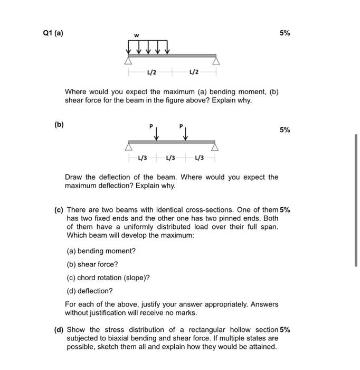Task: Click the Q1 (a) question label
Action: [x=52, y=33]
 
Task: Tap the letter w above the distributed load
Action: [x=136, y=36]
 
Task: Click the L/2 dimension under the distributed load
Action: [x=150, y=72]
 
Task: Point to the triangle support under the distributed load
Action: [x=128, y=60]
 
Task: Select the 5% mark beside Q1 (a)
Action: [x=285, y=33]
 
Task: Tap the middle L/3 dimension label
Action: [x=171, y=158]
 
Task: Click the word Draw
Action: [x=74, y=177]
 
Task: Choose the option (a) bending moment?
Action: [x=101, y=251]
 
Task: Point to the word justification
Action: [x=108, y=312]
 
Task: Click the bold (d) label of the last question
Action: [x=59, y=330]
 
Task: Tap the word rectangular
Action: [x=197, y=330]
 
